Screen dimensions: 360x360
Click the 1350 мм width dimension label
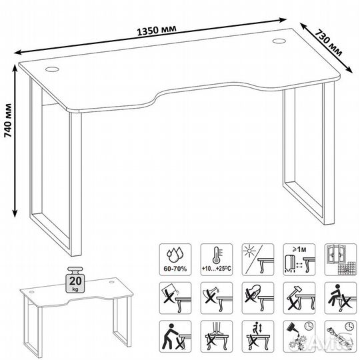(x=157, y=31)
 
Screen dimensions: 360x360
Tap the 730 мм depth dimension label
(x=328, y=43)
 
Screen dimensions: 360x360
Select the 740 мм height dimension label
(x=8, y=121)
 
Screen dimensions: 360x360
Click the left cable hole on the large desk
(x=52, y=69)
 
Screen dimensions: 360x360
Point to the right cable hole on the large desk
(x=279, y=41)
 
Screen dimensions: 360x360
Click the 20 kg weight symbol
(x=75, y=279)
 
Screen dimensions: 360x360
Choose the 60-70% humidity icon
(x=175, y=260)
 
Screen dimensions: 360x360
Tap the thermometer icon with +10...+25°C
(x=217, y=260)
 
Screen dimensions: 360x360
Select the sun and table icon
(x=258, y=260)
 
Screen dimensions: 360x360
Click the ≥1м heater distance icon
(x=299, y=260)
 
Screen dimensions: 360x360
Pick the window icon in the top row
(x=341, y=260)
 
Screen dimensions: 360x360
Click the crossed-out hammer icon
(x=299, y=298)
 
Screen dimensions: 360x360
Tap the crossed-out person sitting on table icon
(x=341, y=298)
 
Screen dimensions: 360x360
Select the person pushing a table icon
(x=175, y=337)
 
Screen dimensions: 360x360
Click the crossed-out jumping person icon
(x=258, y=337)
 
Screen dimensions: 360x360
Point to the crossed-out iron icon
(x=258, y=298)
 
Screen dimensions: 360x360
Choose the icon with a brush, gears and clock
(x=299, y=337)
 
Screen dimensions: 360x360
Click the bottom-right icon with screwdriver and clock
(x=341, y=337)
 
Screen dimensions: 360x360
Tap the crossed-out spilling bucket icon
(x=175, y=298)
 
